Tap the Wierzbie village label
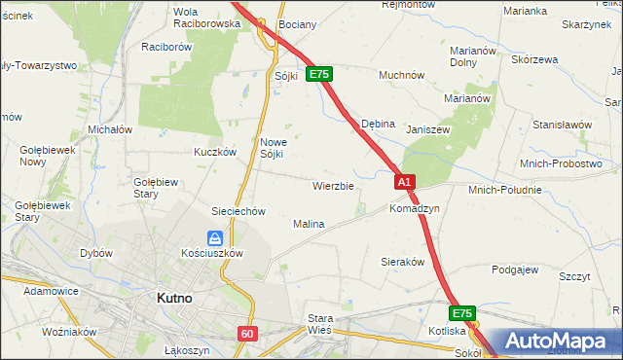pyautogui.click(x=333, y=185)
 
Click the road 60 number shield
pyautogui.click(x=246, y=334)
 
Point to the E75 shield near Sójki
pyautogui.click(x=319, y=74)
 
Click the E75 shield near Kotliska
pyautogui.click(x=462, y=313)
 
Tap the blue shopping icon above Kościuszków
pyautogui.click(x=215, y=237)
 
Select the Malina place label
pyautogui.click(x=309, y=224)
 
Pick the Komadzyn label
pyautogui.click(x=415, y=209)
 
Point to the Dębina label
pyautogui.click(x=378, y=125)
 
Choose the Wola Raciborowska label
pyautogui.click(x=205, y=18)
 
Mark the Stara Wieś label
pyautogui.click(x=320, y=324)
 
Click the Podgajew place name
pyautogui.click(x=515, y=270)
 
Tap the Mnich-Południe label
pyautogui.click(x=504, y=190)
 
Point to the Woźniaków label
pyautogui.click(x=70, y=332)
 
